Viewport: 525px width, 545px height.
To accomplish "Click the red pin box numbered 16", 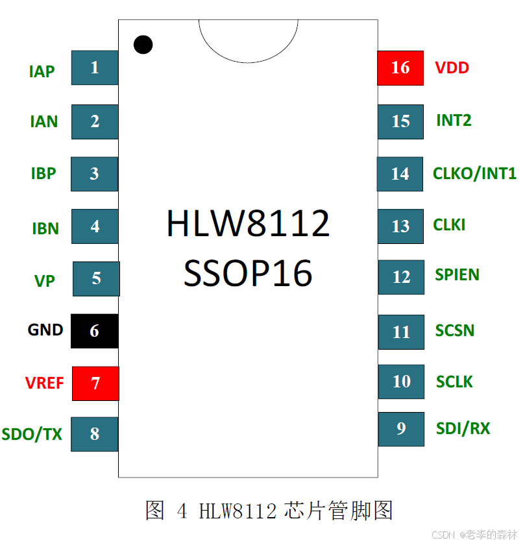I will (400, 67).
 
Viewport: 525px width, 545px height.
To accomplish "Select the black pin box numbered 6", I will (95, 331).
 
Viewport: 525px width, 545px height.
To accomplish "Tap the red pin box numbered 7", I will (95, 383).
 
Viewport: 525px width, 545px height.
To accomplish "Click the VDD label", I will (452, 67).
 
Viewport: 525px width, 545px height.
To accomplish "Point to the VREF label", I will (45, 383).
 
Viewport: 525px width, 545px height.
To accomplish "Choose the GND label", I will (45, 330).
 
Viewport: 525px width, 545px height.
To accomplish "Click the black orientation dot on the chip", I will (143, 44).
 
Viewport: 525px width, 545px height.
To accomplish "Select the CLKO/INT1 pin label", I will (474, 173).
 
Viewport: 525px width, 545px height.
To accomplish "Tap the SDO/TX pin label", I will (32, 435).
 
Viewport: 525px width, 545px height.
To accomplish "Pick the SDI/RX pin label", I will (463, 428).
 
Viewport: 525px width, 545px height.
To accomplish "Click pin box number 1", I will (95, 67).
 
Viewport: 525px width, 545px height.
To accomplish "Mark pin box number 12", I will (401, 277).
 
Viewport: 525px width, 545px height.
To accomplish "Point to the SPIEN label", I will (457, 274).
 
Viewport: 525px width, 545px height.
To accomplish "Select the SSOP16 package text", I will (248, 274).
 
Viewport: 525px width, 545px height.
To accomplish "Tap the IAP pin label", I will (42, 71).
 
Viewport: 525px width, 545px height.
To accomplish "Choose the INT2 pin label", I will (454, 120).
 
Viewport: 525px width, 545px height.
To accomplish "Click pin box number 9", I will (401, 429).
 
